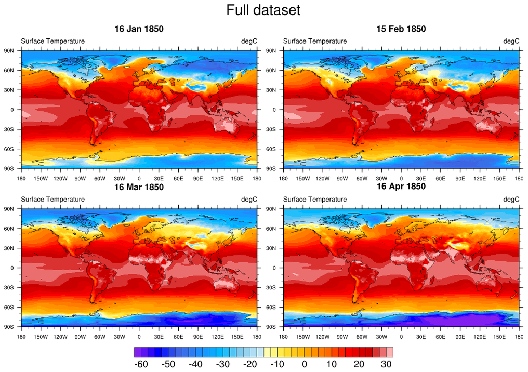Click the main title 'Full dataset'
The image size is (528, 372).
click(263, 10)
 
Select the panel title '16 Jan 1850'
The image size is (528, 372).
click(139, 29)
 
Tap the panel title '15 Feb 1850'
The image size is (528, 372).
click(401, 29)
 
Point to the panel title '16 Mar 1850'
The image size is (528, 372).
click(139, 187)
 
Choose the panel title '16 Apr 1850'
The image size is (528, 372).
click(401, 187)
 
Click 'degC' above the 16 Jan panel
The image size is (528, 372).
click(249, 41)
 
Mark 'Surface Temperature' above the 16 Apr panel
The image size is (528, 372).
click(314, 199)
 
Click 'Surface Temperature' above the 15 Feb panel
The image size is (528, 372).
click(314, 41)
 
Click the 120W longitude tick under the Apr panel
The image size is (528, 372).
click(322, 336)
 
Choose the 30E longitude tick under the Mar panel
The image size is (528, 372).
click(159, 336)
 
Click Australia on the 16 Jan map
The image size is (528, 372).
click(227, 126)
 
